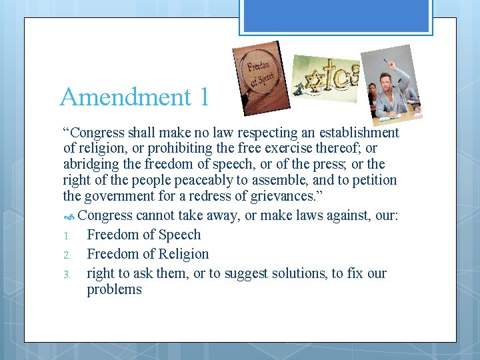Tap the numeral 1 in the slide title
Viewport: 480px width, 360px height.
(x=203, y=97)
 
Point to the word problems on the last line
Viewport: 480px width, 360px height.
(x=114, y=289)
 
